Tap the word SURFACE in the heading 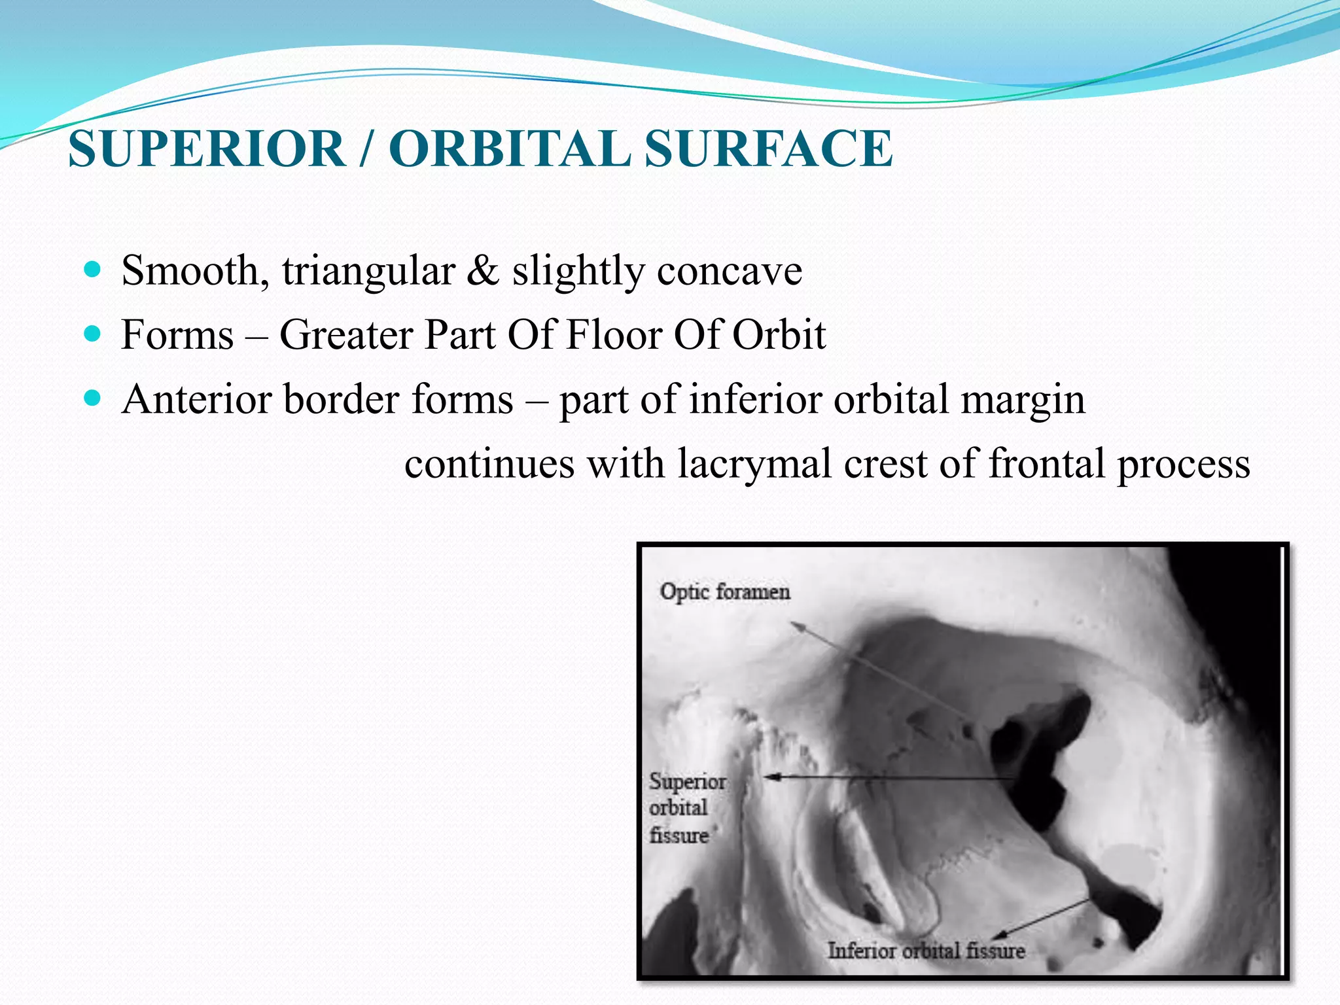(x=768, y=149)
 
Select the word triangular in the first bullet (x=368, y=270)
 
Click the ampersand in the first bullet (x=483, y=270)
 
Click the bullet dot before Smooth (x=93, y=269)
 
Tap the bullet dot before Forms (x=93, y=334)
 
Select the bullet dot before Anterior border (x=93, y=398)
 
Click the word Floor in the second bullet (x=613, y=334)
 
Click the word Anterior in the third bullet (x=196, y=398)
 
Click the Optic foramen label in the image (x=725, y=591)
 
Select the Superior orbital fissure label (x=686, y=808)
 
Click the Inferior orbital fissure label (x=926, y=950)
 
